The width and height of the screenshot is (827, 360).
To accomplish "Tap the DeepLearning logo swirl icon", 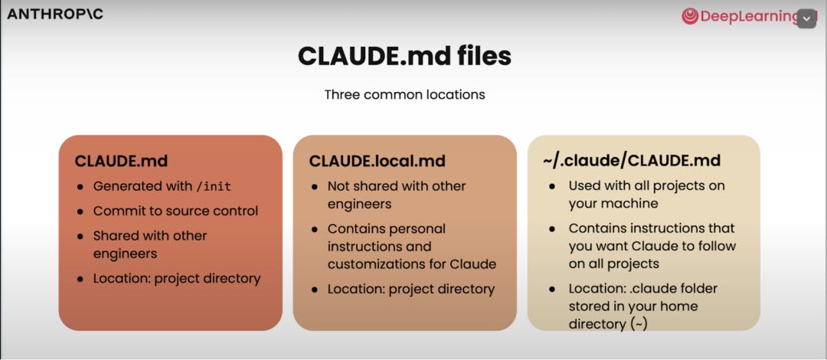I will pos(690,16).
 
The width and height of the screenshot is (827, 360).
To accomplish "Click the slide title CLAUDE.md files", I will pos(404,56).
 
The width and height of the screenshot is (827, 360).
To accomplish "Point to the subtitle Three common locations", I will pos(404,95).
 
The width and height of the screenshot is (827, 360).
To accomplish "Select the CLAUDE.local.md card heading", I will pos(377,162).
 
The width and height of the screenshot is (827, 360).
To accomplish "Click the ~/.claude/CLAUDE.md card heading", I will pos(631,162).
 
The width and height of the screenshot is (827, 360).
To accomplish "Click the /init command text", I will pos(214,187).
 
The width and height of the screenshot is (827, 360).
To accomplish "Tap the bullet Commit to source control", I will pos(175,211).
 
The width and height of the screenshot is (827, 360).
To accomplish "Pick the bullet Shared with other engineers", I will pos(150,244).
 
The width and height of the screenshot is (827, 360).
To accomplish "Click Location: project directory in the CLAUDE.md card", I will pos(177,278).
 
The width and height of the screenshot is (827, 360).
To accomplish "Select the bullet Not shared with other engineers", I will pos(397,195).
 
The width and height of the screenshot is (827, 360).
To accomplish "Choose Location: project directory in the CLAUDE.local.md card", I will pos(411,290).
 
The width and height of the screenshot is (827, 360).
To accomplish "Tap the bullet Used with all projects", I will pos(646,185).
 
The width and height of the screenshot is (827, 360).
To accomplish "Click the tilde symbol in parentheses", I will pos(639,324).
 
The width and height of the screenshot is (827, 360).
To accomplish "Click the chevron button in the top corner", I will pos(807,18).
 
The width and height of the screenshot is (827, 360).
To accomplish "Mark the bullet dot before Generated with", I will pos(81,187).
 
